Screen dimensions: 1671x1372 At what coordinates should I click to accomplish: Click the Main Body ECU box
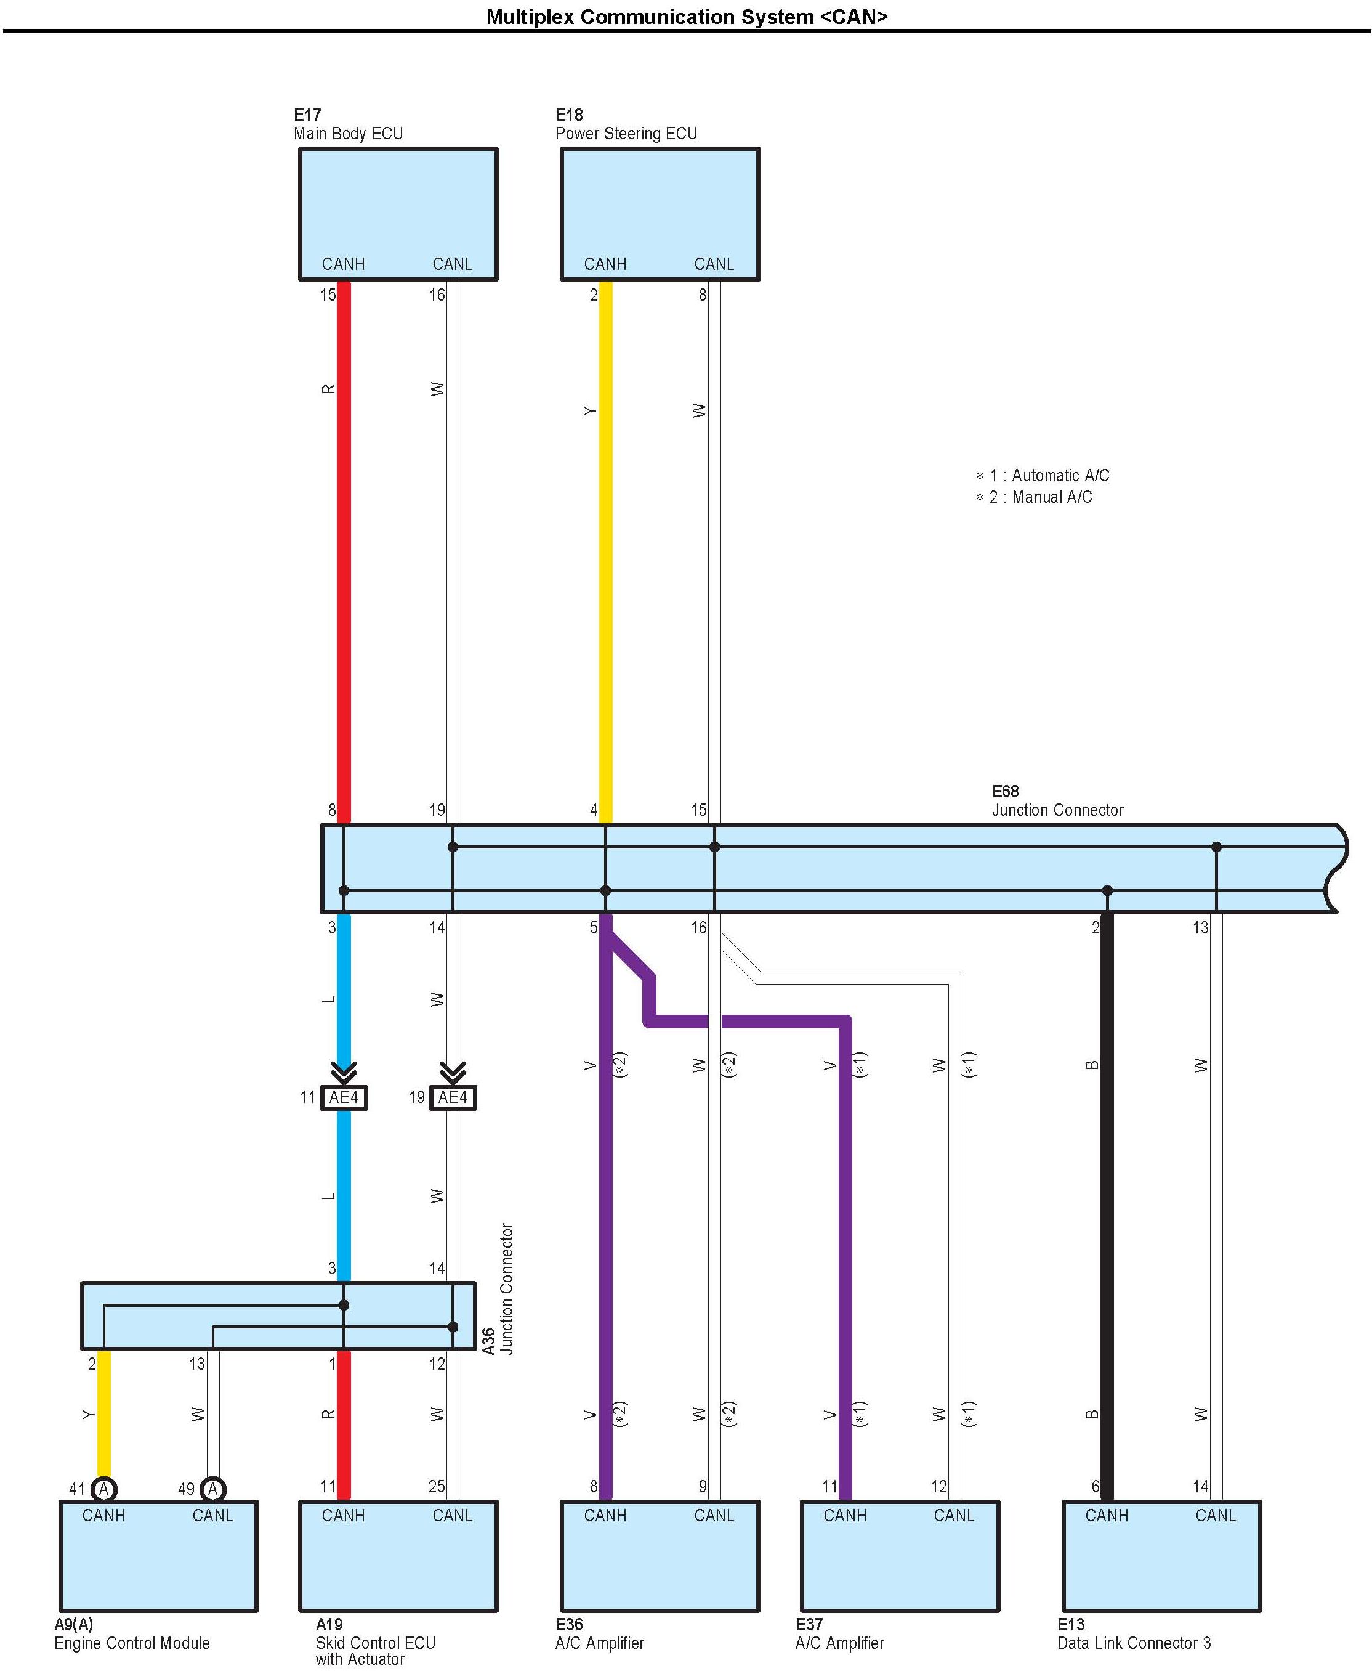pos(398,214)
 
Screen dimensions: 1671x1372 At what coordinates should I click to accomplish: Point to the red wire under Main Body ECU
pos(344,553)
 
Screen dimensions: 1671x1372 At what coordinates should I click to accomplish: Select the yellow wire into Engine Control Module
pos(103,1415)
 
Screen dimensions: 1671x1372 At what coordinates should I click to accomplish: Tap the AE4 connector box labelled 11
pos(344,1097)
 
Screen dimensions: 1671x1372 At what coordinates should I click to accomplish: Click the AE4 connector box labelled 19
pos(453,1097)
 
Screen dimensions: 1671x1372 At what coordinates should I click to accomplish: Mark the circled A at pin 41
pos(103,1489)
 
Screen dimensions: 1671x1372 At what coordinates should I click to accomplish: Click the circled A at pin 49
pos(212,1489)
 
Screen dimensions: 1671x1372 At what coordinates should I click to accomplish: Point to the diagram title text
pos(686,17)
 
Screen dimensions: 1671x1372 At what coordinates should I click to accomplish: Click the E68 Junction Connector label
pos(1057,800)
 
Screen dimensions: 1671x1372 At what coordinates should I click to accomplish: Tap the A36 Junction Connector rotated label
pos(499,1289)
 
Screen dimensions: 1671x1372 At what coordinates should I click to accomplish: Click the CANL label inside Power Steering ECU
pos(714,264)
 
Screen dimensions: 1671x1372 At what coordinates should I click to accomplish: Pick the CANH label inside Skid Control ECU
pos(343,1515)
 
